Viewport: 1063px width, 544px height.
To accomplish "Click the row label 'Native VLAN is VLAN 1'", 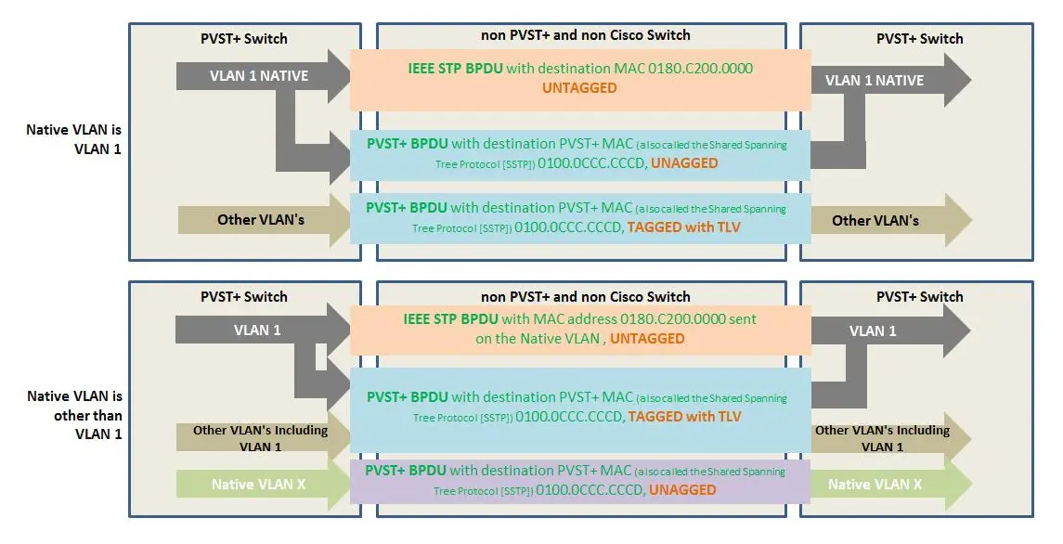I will (x=73, y=139).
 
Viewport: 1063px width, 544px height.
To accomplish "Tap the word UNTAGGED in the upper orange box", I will (x=579, y=88).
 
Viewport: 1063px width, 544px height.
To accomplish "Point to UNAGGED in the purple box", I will (x=682, y=489).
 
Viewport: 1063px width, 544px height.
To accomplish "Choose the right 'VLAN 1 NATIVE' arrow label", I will (x=875, y=80).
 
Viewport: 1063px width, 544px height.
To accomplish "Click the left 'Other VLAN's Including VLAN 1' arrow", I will (x=260, y=438).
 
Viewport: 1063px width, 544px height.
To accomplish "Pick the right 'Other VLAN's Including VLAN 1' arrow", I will (x=881, y=438).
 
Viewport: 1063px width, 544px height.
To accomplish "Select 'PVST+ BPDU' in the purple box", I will (x=406, y=470).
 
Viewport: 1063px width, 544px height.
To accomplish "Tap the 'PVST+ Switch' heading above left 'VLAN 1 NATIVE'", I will (x=244, y=39).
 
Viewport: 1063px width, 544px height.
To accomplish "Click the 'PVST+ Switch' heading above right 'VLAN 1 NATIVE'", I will (x=919, y=39).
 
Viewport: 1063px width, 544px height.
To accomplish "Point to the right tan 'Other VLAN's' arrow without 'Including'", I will (x=875, y=220).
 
